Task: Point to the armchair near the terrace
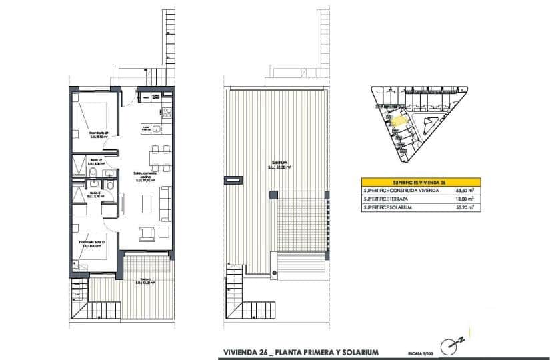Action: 147,233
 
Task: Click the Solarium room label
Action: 279,163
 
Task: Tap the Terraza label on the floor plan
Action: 144,280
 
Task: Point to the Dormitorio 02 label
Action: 99,133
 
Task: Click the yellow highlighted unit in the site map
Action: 395,122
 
